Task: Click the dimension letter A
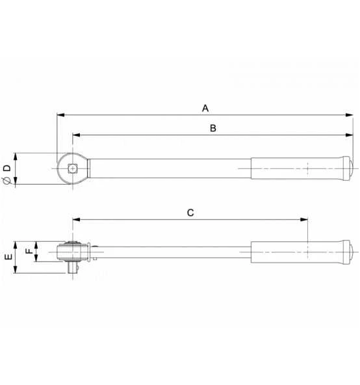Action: coord(205,107)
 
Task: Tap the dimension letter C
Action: coord(190,213)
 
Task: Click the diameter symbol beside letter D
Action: coord(6,181)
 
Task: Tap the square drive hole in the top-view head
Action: coord(71,169)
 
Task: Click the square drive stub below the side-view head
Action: coord(71,267)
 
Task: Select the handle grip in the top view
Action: coord(296,169)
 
